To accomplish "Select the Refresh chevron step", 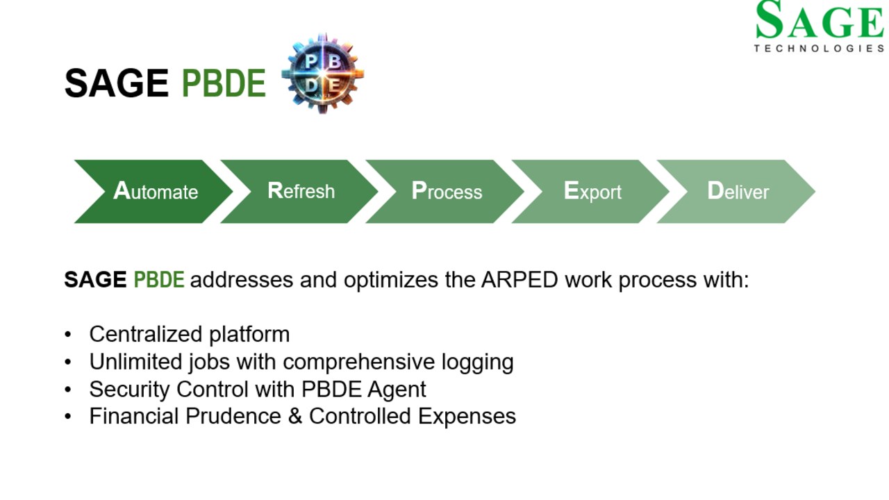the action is pyautogui.click(x=299, y=191).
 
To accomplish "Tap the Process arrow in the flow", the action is pyautogui.click(x=445, y=191).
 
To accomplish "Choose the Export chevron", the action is pyautogui.click(x=591, y=191).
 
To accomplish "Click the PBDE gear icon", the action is pyautogui.click(x=323, y=74).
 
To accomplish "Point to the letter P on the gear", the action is pyautogui.click(x=310, y=62).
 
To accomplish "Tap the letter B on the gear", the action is pyautogui.click(x=335, y=62).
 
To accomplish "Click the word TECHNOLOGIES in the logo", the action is pyautogui.click(x=819, y=49).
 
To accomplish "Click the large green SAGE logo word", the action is pyautogui.click(x=820, y=20).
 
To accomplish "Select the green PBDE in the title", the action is pyautogui.click(x=224, y=83).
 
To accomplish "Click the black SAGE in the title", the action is pyautogui.click(x=116, y=83).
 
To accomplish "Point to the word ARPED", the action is pyautogui.click(x=520, y=280).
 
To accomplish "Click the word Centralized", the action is pyautogui.click(x=146, y=334).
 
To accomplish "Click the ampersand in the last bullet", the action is pyautogui.click(x=295, y=416).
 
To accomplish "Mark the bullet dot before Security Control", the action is pyautogui.click(x=68, y=390).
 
